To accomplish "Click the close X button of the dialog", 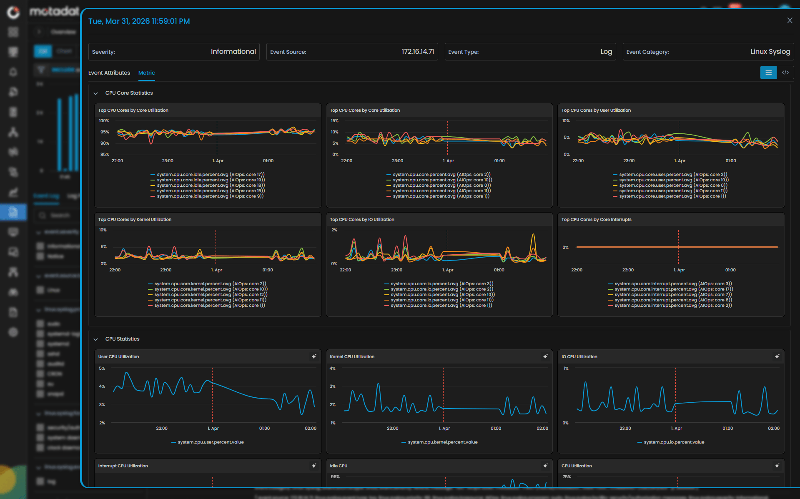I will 789,20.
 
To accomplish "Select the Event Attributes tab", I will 109,73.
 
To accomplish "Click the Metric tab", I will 146,73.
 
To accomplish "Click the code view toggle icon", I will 785,73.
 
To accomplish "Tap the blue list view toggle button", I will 768,73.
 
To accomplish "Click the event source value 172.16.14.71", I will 417,52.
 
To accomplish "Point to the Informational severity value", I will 233,52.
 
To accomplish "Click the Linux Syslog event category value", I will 770,52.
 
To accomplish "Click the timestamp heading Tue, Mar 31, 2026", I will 139,21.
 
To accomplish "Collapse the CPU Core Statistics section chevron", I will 95,93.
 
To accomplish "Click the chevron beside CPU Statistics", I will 95,339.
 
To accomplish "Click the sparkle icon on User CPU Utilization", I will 314,356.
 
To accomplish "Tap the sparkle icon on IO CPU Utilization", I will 777,356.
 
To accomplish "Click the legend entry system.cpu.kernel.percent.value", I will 442,442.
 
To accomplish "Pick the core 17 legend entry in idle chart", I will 211,175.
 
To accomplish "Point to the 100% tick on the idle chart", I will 104,121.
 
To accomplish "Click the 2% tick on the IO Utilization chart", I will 334,230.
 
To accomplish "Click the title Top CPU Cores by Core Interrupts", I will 596,220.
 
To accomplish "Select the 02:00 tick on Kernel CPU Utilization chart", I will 542,429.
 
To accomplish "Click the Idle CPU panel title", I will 338,466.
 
